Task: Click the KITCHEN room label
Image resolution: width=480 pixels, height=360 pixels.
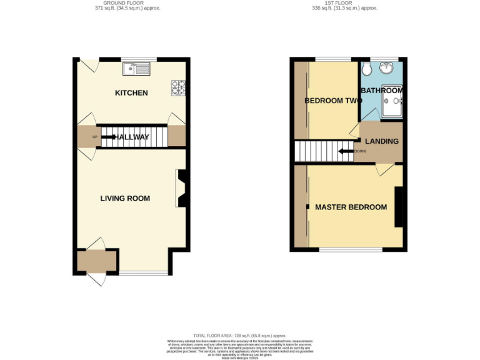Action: [x=131, y=93]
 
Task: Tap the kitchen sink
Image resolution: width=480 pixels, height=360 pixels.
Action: [x=136, y=68]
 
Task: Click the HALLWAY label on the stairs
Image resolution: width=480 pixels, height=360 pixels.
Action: [x=131, y=137]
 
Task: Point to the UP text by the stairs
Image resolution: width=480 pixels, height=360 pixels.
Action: [x=94, y=136]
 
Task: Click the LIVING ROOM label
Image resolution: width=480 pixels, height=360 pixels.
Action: [x=125, y=199]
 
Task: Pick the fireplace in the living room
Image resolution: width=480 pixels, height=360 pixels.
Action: [x=181, y=189]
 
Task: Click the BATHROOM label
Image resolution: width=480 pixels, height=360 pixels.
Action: [x=381, y=91]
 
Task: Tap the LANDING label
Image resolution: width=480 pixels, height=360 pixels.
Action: [x=381, y=142]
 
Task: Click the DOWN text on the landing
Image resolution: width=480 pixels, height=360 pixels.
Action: [x=360, y=151]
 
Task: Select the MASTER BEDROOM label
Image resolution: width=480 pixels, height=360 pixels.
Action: [x=351, y=207]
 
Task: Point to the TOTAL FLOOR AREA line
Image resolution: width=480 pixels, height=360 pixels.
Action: [x=240, y=336]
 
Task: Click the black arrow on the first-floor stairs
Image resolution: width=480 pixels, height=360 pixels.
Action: [x=344, y=151]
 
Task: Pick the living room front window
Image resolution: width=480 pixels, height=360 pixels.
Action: [x=144, y=273]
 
